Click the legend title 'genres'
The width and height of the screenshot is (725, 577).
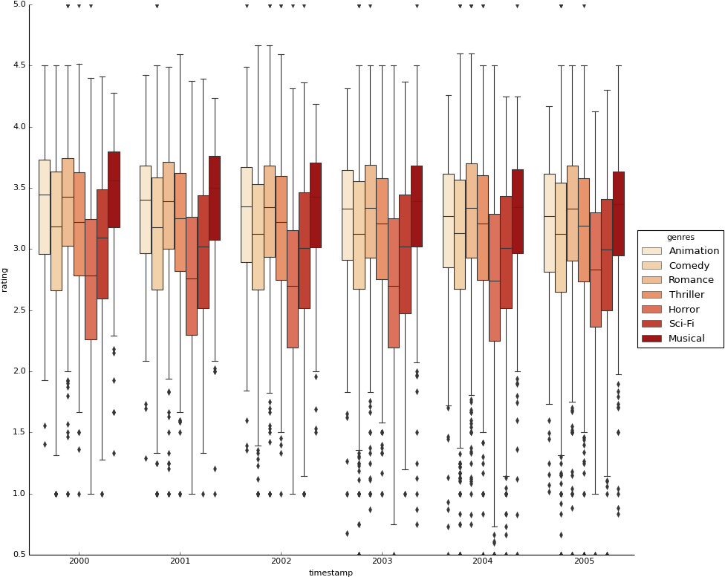pyautogui.click(x=680, y=237)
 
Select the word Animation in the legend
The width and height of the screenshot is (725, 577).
pyautogui.click(x=694, y=251)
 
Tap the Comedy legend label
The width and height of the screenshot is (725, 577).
pyautogui.click(x=689, y=266)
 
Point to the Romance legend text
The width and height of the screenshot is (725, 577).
pyautogui.click(x=691, y=280)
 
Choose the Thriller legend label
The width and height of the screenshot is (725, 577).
pyautogui.click(x=686, y=295)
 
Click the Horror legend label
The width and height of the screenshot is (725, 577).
pyautogui.click(x=684, y=310)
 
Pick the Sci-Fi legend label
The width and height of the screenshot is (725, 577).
pyautogui.click(x=681, y=324)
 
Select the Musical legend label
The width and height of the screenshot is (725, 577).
pyautogui.click(x=686, y=339)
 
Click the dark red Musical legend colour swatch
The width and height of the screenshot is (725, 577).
pyautogui.click(x=651, y=339)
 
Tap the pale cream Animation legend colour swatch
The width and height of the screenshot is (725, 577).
pyautogui.click(x=651, y=251)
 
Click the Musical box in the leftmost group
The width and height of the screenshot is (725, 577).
pyautogui.click(x=114, y=189)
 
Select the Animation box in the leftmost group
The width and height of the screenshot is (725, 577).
pyautogui.click(x=45, y=206)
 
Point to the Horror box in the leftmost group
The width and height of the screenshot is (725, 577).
pyautogui.click(x=91, y=279)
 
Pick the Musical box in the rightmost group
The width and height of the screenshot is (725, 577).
pyautogui.click(x=618, y=213)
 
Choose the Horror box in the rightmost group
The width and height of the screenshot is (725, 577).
pyautogui.click(x=595, y=270)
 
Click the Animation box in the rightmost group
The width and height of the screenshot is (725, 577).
pyautogui.click(x=549, y=223)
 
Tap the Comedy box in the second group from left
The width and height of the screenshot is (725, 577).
pyautogui.click(x=157, y=233)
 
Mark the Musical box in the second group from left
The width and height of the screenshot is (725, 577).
pyautogui.click(x=215, y=198)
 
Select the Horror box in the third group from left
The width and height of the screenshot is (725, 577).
pyautogui.click(x=293, y=289)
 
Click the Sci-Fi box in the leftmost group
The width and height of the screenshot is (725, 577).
pyautogui.click(x=103, y=244)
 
